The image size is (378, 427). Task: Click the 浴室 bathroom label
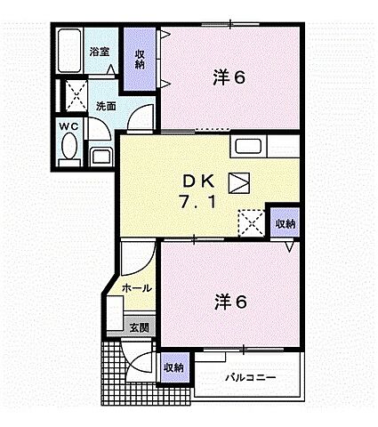tap(100, 52)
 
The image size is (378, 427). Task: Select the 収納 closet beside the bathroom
tap(140, 60)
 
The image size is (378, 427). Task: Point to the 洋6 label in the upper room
tap(229, 77)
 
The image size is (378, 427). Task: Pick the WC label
tap(69, 127)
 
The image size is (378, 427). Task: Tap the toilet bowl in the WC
tap(71, 151)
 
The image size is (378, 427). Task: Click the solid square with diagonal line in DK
tap(240, 181)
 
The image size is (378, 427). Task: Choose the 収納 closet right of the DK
tap(284, 222)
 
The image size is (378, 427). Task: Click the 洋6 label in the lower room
tap(229, 302)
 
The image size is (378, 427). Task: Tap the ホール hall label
tap(136, 289)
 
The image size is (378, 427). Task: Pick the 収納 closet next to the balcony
tap(173, 367)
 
